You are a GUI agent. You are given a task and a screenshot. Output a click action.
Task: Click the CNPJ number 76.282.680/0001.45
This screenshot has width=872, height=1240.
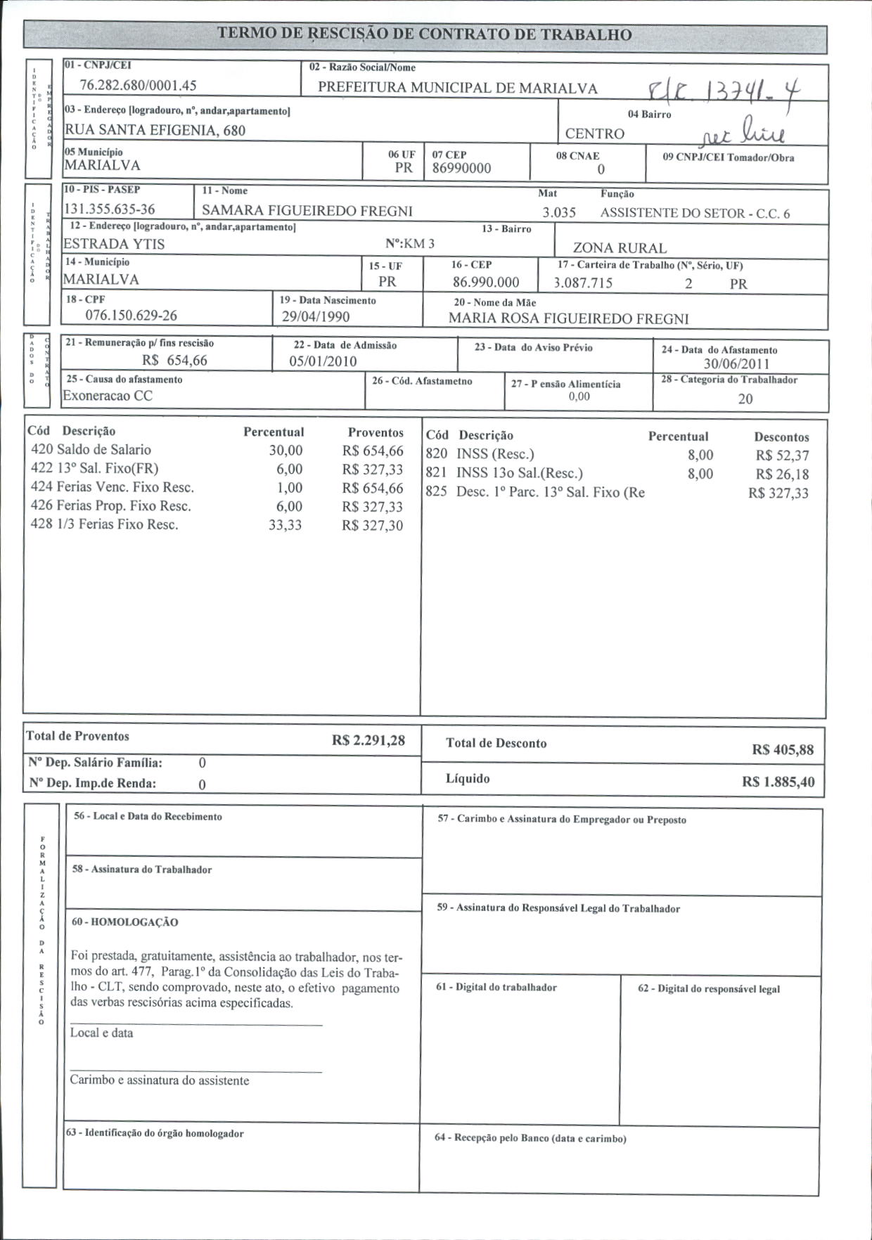pos(139,86)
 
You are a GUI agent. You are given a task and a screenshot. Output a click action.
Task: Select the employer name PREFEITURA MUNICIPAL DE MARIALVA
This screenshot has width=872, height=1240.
pos(458,88)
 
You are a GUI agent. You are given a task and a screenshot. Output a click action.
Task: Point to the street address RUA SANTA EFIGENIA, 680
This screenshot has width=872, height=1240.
pos(155,130)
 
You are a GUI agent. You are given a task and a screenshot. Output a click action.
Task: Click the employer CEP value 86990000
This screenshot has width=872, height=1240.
pos(461,169)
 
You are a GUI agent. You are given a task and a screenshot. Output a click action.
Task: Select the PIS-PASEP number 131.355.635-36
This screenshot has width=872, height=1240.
pos(110,209)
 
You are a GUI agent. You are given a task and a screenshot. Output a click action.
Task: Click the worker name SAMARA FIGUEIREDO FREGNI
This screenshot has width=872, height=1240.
pos(307,211)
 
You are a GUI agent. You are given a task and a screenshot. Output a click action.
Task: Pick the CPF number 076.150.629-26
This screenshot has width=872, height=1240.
pos(132,315)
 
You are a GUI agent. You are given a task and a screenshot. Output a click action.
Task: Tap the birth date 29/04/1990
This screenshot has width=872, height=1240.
pos(316,317)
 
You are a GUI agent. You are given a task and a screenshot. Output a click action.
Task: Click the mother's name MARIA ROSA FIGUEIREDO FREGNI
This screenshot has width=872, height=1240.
pos(569,318)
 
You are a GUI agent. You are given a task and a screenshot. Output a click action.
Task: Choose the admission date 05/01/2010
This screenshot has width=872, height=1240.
pos(323,361)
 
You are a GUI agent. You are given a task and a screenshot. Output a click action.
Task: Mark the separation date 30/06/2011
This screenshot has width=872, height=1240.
pos(736,364)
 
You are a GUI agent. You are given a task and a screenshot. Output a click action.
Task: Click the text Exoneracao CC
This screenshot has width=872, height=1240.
pos(108,396)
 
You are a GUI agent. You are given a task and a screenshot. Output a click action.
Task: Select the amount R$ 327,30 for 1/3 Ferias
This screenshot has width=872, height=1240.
pos(373,525)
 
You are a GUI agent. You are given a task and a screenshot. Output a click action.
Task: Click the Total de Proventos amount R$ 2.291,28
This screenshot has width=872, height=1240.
pos(368,741)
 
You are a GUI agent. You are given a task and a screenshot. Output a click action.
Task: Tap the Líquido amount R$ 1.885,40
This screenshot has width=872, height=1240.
pos(778,782)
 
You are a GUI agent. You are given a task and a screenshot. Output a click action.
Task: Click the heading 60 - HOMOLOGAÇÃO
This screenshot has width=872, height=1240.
pos(125,922)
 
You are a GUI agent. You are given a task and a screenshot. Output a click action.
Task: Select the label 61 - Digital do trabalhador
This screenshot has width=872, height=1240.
pos(496,988)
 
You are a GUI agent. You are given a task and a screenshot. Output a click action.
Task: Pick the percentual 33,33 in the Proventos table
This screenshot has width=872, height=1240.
pos(286,525)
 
